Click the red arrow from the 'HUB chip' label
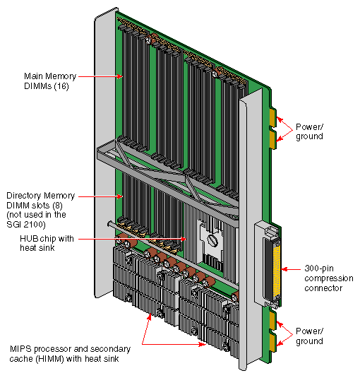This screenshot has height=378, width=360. (x=134, y=239)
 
